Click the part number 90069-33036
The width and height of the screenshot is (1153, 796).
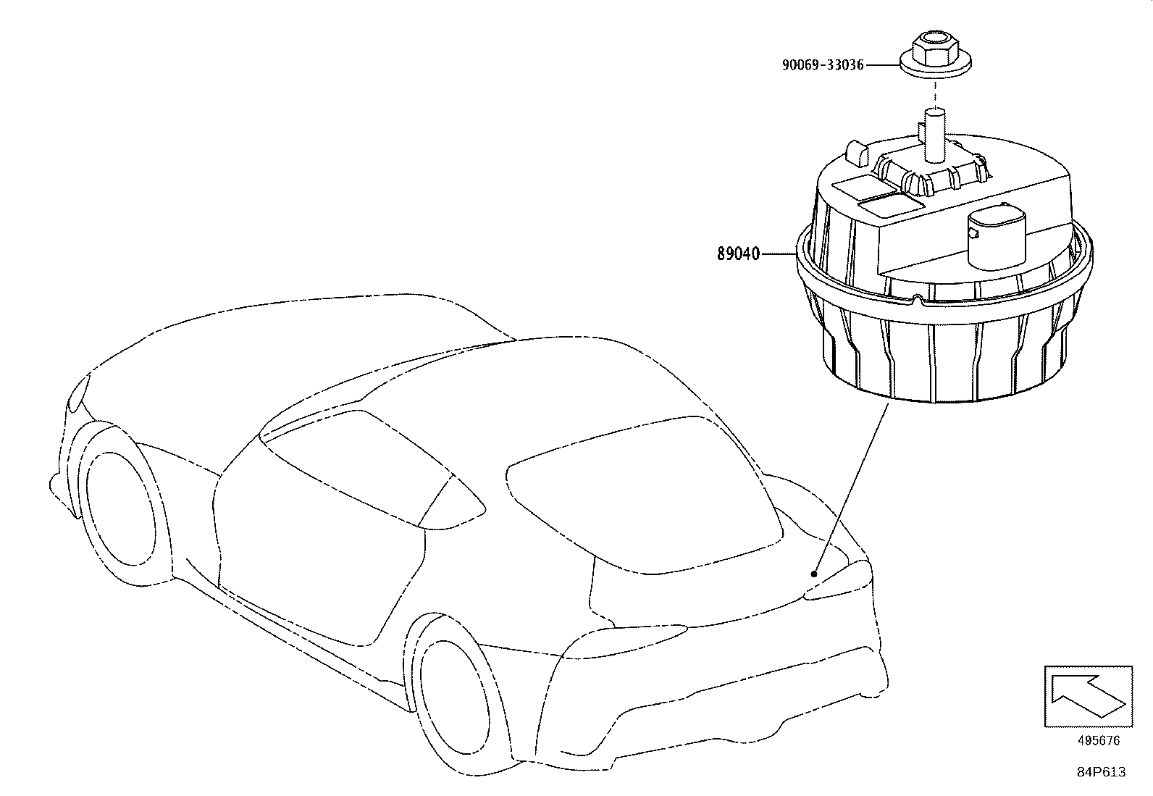(823, 65)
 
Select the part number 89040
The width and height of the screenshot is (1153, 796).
(738, 254)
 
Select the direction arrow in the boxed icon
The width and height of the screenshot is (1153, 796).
(1087, 696)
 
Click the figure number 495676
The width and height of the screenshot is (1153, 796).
(1099, 740)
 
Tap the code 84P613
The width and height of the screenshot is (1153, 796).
(1101, 772)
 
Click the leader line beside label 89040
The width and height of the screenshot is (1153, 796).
(779, 254)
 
